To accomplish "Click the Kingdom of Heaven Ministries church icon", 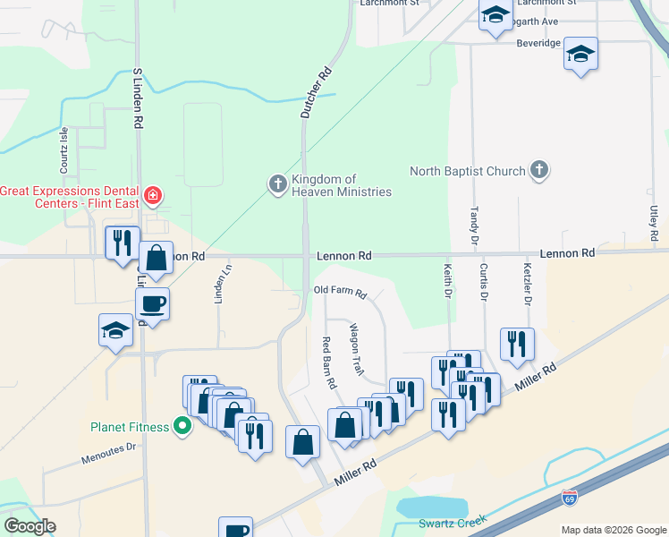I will (277, 184).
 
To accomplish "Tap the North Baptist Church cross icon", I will (538, 170).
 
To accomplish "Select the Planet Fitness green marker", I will (182, 426).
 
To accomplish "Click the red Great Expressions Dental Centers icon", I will (153, 194).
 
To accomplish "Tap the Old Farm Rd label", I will (341, 293).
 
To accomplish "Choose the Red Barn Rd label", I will (328, 362).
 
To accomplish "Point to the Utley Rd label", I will (655, 223).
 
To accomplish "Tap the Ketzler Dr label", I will (527, 281).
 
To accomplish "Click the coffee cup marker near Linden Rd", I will (153, 303).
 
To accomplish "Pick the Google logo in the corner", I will (30, 525).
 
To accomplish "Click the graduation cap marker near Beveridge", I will (580, 55).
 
